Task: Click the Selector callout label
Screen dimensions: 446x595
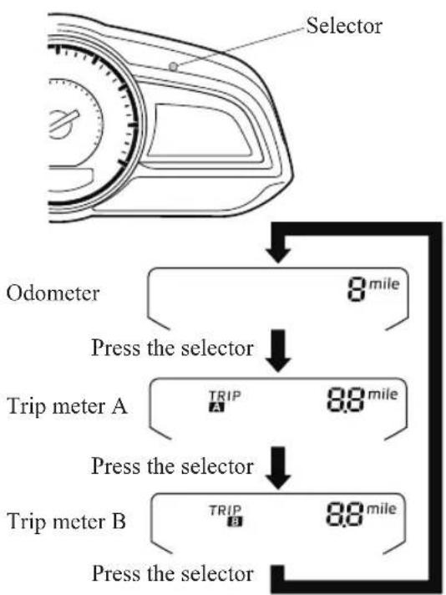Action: [344, 26]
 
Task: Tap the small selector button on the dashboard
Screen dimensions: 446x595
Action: [173, 67]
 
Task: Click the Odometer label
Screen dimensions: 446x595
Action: [53, 293]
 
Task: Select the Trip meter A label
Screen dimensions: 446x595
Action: [67, 405]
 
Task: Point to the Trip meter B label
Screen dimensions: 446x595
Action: [66, 521]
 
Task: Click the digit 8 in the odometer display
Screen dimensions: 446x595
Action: [357, 290]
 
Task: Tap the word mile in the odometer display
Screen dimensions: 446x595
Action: [384, 284]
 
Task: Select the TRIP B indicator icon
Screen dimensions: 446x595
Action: [226, 516]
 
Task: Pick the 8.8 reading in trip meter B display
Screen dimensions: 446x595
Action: [345, 515]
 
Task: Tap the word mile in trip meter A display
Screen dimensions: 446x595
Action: [383, 394]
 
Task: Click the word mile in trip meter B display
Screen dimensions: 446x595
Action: [381, 509]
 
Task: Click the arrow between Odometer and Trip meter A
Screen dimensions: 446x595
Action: [278, 351]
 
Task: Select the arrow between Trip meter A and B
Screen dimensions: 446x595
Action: [278, 468]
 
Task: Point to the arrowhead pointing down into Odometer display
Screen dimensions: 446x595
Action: [278, 255]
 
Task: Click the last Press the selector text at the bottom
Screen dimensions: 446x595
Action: [173, 573]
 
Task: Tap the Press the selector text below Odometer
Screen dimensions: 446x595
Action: [173, 348]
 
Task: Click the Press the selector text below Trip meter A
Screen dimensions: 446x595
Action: [173, 465]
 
